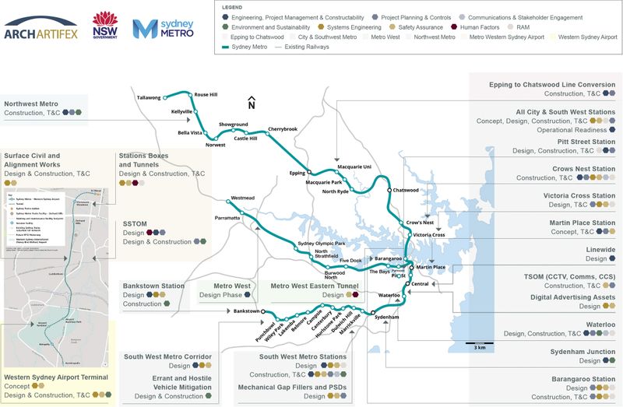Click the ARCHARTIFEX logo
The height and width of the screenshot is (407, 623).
[x=40, y=30]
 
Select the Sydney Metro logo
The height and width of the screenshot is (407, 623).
[x=164, y=28]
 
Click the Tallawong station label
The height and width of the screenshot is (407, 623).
[x=147, y=97]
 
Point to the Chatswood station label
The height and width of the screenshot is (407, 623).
[x=407, y=190]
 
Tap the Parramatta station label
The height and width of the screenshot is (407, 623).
[x=227, y=219]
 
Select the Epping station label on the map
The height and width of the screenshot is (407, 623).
[x=297, y=173]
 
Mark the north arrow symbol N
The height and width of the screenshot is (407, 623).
[x=251, y=103]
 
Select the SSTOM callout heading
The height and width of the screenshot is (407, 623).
[x=135, y=223]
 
